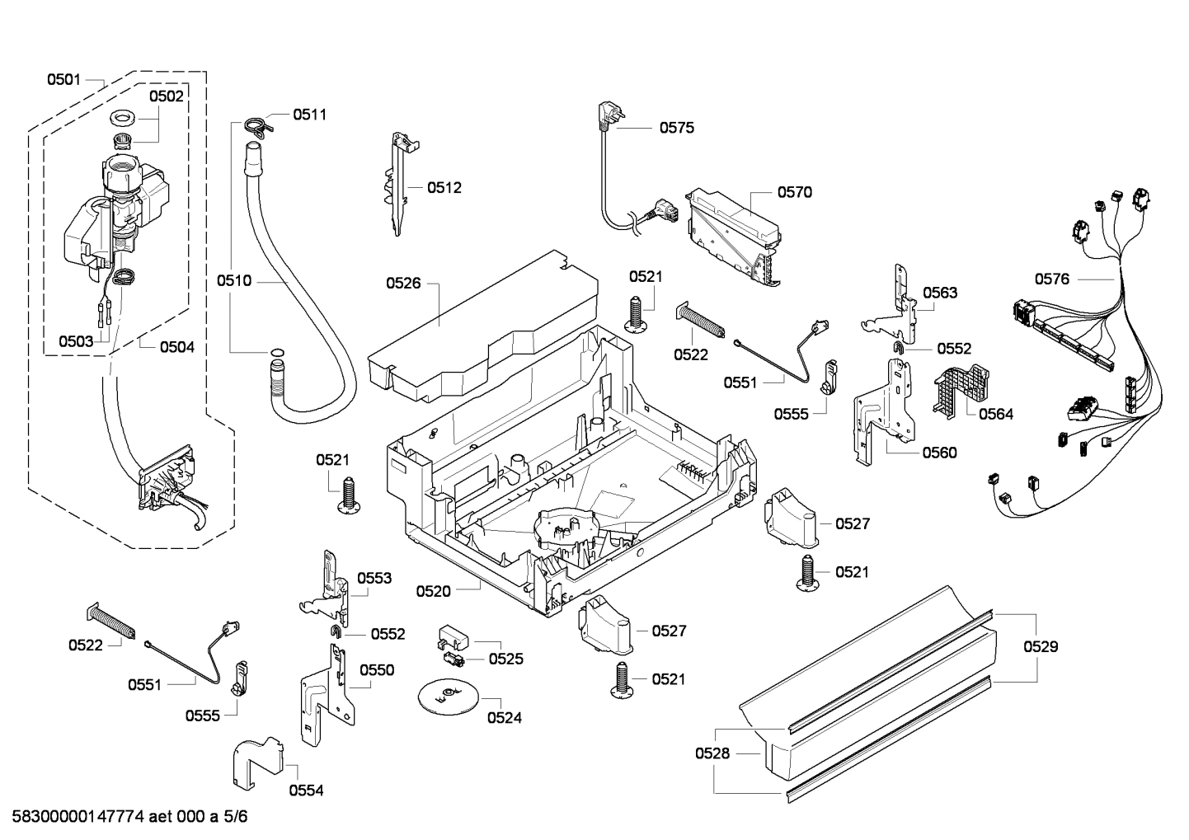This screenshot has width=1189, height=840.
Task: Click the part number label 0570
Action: click(794, 192)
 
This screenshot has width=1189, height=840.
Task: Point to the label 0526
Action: click(403, 284)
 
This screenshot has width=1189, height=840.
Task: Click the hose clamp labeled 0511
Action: click(258, 125)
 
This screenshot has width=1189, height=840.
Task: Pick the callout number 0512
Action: click(444, 188)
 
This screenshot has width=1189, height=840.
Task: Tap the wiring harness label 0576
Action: click(1052, 279)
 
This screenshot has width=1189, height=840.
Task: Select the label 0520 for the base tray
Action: click(433, 592)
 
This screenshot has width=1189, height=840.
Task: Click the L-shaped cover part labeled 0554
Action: click(257, 763)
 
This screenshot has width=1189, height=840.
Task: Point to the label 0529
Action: click(1041, 647)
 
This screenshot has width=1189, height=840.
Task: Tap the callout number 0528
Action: click(712, 753)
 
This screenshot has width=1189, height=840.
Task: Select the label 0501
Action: click(63, 80)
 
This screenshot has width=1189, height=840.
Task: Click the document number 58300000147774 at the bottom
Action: click(78, 817)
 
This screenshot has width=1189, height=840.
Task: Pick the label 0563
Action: click(940, 293)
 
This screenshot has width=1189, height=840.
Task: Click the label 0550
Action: click(377, 670)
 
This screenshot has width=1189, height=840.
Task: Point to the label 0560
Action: click(939, 453)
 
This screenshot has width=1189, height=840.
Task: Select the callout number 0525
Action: click(505, 659)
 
